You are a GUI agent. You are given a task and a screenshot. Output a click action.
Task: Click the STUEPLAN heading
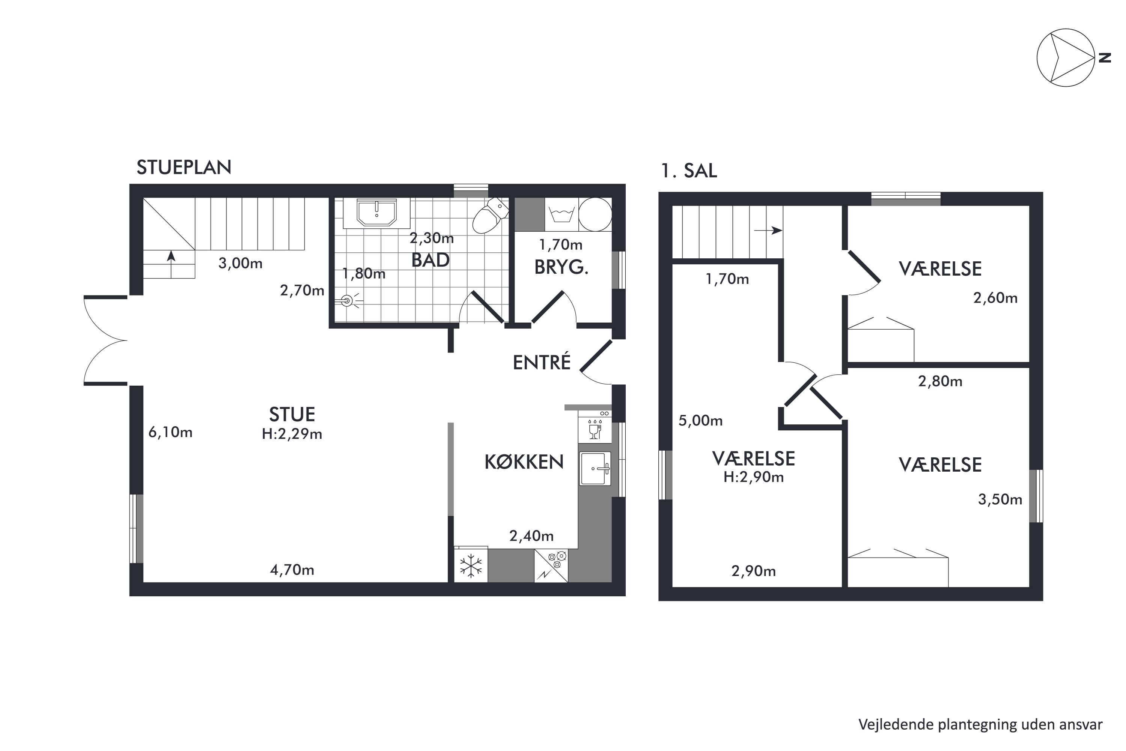click(x=184, y=167)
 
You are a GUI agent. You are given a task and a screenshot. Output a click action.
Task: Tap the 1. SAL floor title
click(x=689, y=171)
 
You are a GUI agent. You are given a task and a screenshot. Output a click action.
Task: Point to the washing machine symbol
click(x=561, y=214)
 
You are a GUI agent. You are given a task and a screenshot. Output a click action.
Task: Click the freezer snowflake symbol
click(x=471, y=565)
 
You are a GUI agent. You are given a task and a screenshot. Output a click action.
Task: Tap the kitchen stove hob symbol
click(x=551, y=566)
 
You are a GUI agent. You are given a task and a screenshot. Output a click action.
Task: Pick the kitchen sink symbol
click(x=595, y=468)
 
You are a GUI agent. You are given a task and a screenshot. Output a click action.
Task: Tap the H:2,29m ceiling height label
click(x=292, y=434)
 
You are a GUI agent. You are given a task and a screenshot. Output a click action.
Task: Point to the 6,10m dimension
click(x=170, y=433)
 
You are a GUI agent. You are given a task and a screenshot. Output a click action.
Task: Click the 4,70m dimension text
click(x=292, y=570)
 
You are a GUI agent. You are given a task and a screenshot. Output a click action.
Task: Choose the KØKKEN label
click(x=524, y=462)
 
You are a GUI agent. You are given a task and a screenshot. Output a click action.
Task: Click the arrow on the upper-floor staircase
click(x=768, y=231)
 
